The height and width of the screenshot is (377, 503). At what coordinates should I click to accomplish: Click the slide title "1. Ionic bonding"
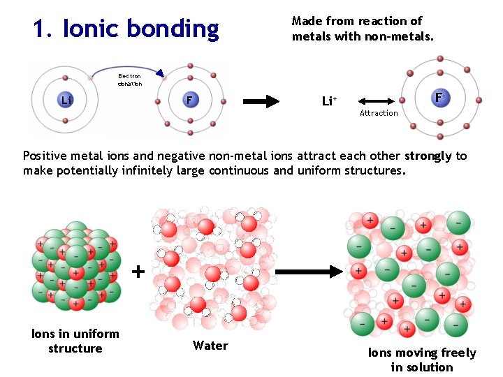pyautogui.click(x=126, y=29)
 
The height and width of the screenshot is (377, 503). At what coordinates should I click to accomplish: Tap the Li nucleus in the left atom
pyautogui.click(x=66, y=101)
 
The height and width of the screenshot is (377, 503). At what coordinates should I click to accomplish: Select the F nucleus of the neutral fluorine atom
pyautogui.click(x=189, y=101)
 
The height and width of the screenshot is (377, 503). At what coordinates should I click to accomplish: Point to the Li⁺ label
pyautogui.click(x=329, y=101)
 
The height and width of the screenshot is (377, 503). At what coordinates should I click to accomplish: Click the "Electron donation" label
pyautogui.click(x=129, y=80)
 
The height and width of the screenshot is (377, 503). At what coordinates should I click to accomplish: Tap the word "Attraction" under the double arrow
pyautogui.click(x=379, y=113)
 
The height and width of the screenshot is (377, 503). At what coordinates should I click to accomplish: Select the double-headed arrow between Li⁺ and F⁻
pyautogui.click(x=378, y=101)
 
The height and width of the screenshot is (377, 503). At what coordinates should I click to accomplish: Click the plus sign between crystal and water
pyautogui.click(x=139, y=271)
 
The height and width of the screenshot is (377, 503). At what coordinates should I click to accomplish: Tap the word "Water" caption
pyautogui.click(x=210, y=346)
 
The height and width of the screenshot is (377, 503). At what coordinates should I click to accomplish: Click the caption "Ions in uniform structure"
pyautogui.click(x=75, y=341)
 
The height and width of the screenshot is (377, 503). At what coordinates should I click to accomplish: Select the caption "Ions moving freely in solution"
pyautogui.click(x=422, y=360)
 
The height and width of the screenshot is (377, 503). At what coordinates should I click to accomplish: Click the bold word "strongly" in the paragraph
pyautogui.click(x=428, y=156)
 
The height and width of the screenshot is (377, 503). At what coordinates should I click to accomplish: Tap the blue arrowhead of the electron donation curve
pyautogui.click(x=160, y=73)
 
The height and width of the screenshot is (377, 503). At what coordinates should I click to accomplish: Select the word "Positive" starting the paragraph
pyautogui.click(x=45, y=156)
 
